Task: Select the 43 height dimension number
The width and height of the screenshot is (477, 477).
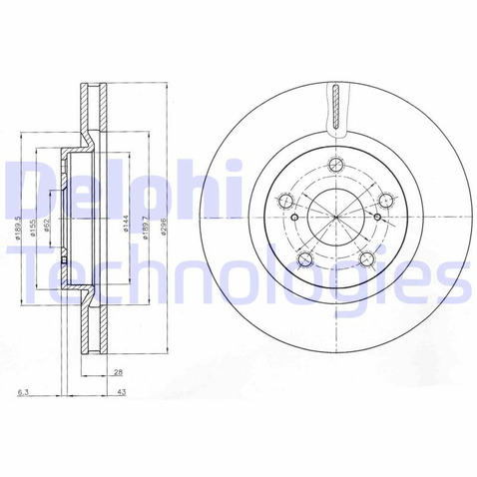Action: (x=121, y=392)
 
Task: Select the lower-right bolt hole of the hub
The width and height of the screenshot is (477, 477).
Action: (x=365, y=262)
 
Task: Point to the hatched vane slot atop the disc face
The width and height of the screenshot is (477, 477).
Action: (x=337, y=104)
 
